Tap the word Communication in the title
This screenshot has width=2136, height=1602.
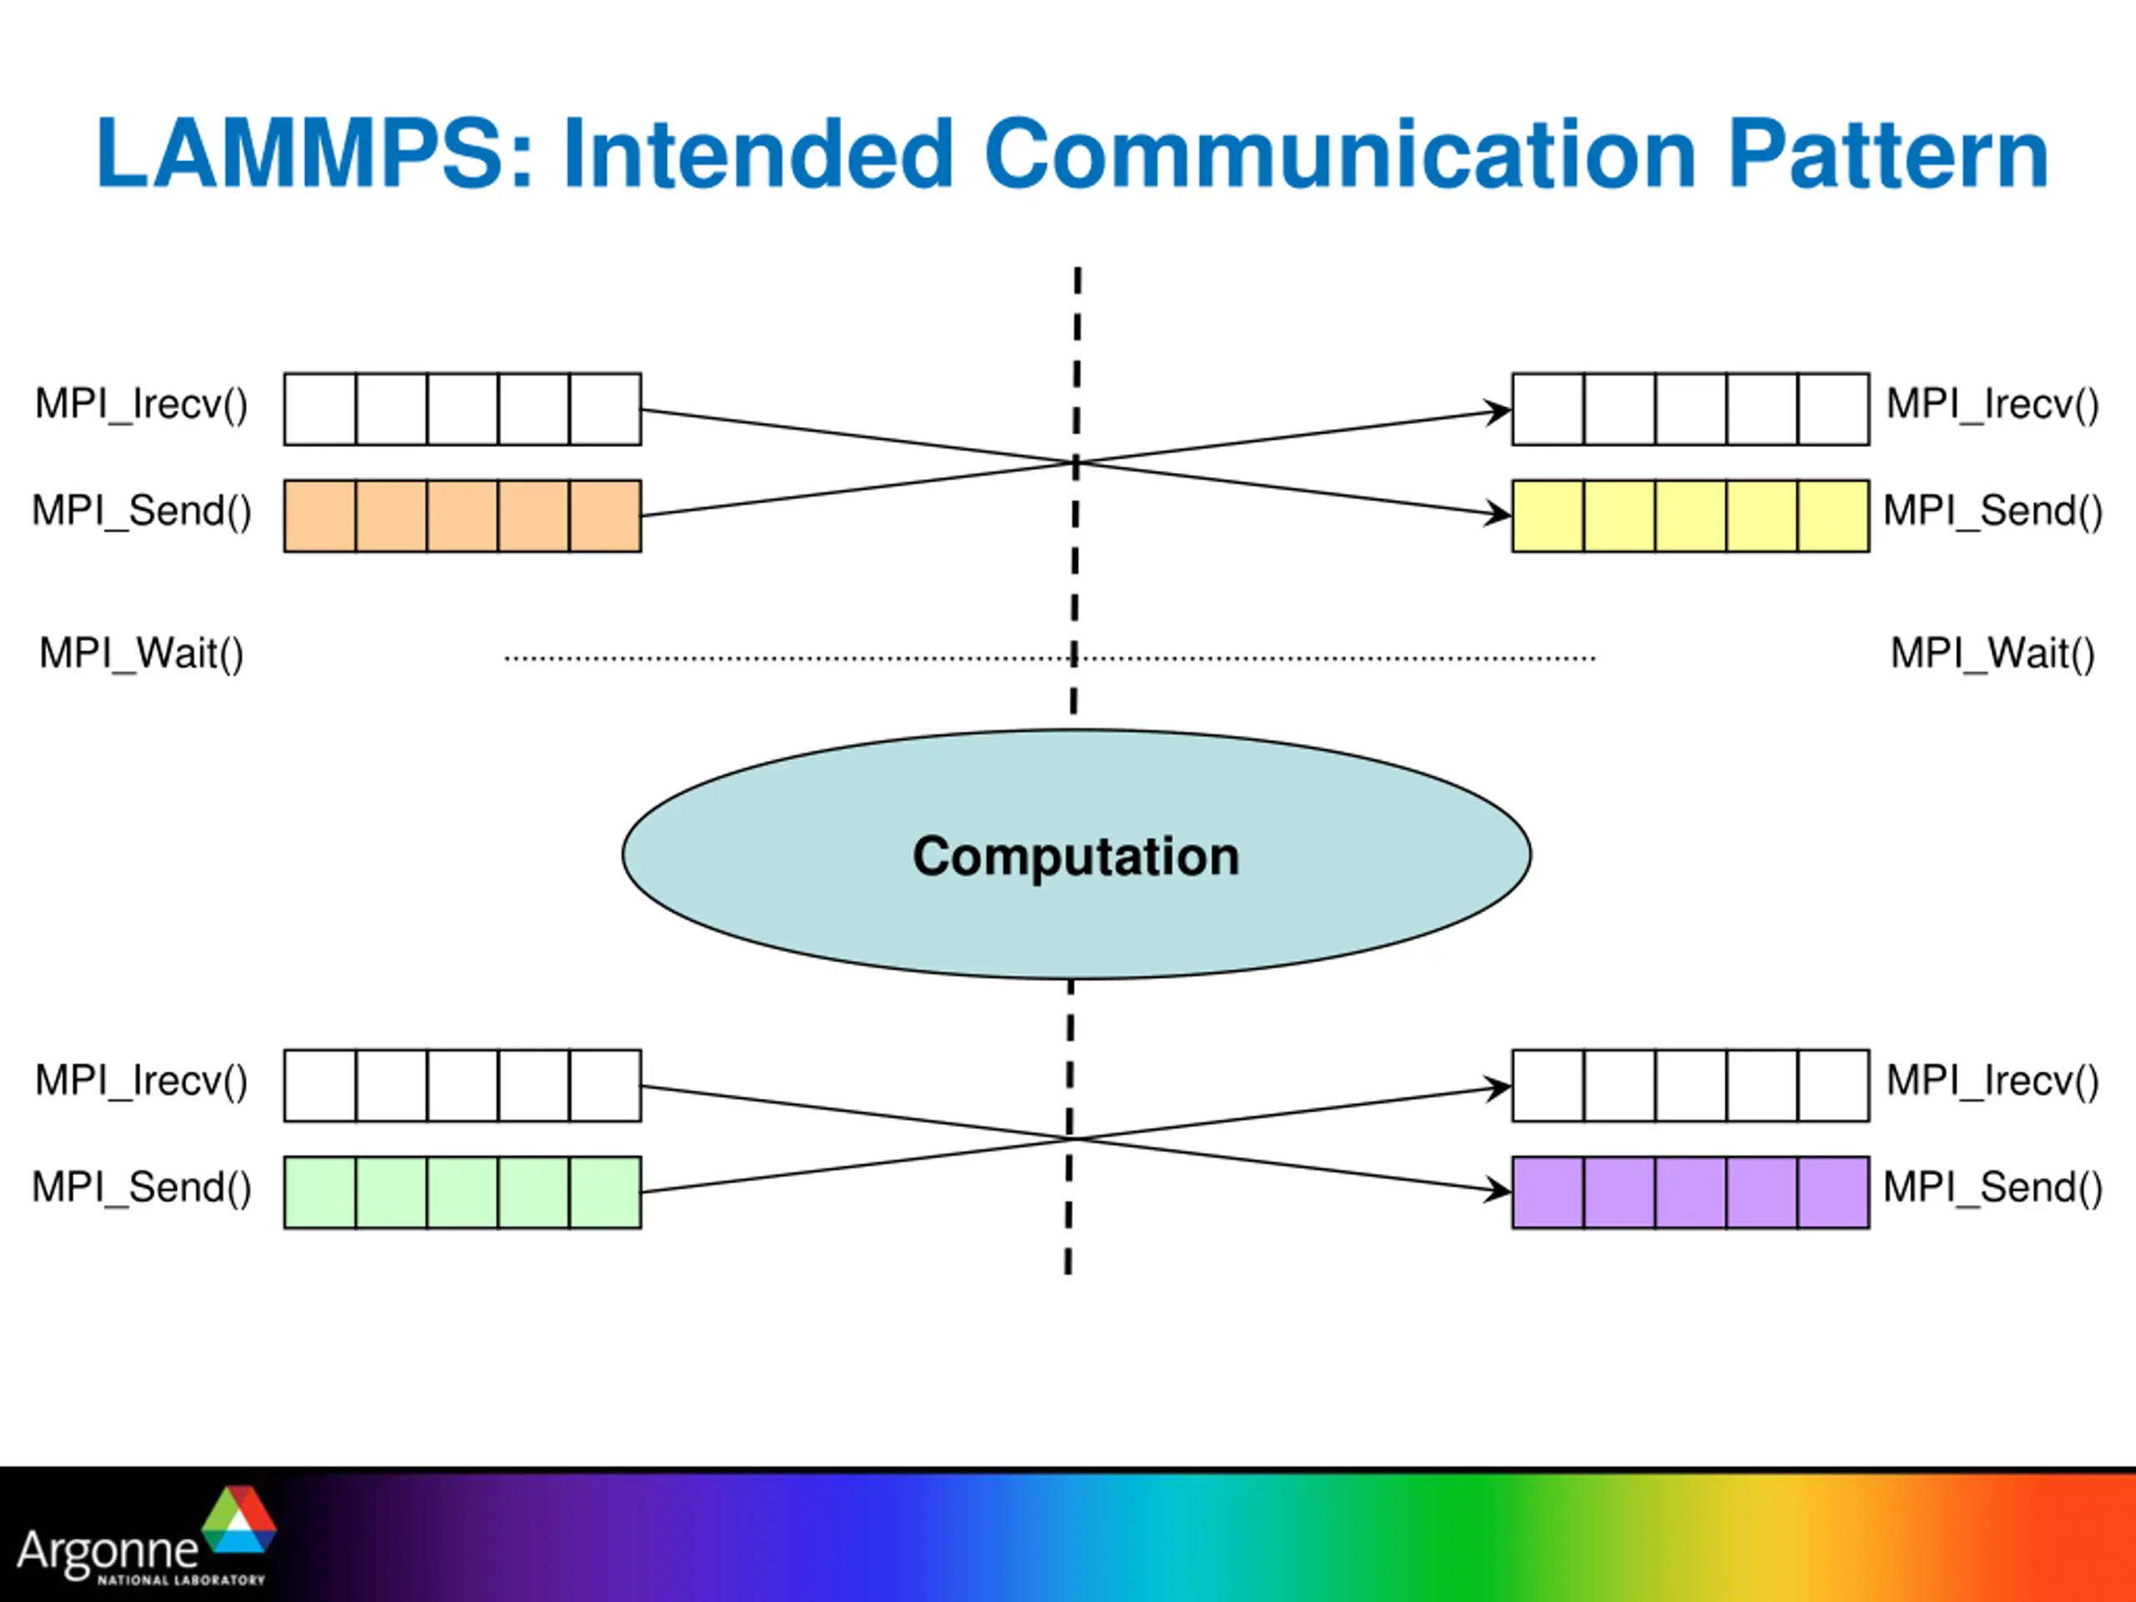click(1340, 153)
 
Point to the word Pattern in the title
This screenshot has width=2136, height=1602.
click(1888, 153)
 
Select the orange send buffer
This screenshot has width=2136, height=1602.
click(462, 516)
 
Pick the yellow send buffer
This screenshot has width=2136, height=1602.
click(1690, 516)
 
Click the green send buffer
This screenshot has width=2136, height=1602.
click(462, 1191)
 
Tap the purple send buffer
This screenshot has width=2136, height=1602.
click(1690, 1191)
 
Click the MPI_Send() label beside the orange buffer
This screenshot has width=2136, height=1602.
click(142, 511)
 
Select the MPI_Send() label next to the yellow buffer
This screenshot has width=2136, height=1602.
click(1993, 511)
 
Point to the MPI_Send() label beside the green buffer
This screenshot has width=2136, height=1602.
click(142, 1186)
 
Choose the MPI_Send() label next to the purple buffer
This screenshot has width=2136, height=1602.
click(1993, 1186)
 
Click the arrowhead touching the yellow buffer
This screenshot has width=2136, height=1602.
click(1499, 514)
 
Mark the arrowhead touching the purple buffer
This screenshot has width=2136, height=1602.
click(1499, 1190)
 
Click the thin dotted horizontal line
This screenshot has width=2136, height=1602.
click(1050, 658)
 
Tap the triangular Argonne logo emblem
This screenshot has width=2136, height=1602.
click(239, 1519)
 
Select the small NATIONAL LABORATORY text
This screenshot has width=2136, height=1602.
click(180, 1579)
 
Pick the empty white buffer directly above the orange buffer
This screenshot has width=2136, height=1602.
click(462, 410)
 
